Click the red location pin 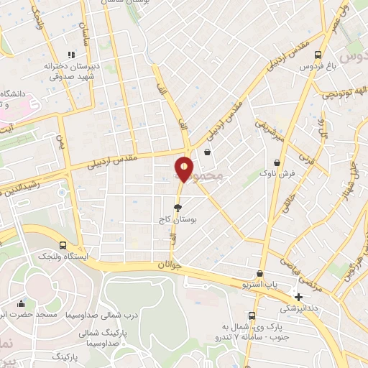click(x=184, y=169)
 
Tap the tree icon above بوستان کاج click(x=188, y=207)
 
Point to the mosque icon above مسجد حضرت click(x=21, y=304)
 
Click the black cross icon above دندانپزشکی click(x=299, y=297)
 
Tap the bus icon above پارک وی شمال click(x=251, y=316)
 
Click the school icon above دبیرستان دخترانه click(x=70, y=55)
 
